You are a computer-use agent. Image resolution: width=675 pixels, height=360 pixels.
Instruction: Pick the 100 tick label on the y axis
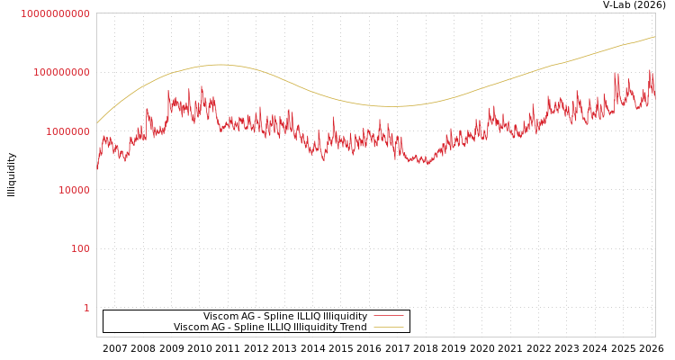[79, 248]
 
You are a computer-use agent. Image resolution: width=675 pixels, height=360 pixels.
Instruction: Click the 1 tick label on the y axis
[86, 308]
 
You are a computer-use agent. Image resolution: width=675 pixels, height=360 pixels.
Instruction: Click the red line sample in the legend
[388, 316]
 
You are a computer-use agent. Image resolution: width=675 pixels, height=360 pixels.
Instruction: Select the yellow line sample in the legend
[388, 328]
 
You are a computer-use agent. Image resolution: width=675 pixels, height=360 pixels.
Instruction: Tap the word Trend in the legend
[352, 328]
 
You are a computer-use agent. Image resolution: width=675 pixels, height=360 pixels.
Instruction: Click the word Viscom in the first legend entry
[220, 317]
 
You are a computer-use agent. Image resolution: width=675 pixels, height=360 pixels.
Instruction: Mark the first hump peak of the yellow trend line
[220, 65]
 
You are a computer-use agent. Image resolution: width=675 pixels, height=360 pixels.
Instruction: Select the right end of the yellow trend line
[654, 37]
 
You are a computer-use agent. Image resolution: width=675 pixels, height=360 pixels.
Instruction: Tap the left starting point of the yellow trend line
[97, 122]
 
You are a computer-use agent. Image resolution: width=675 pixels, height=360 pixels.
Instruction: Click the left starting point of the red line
[97, 168]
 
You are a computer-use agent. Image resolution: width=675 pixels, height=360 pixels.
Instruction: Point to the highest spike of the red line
[650, 70]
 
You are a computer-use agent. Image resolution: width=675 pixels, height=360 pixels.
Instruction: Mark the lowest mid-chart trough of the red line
[427, 164]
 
